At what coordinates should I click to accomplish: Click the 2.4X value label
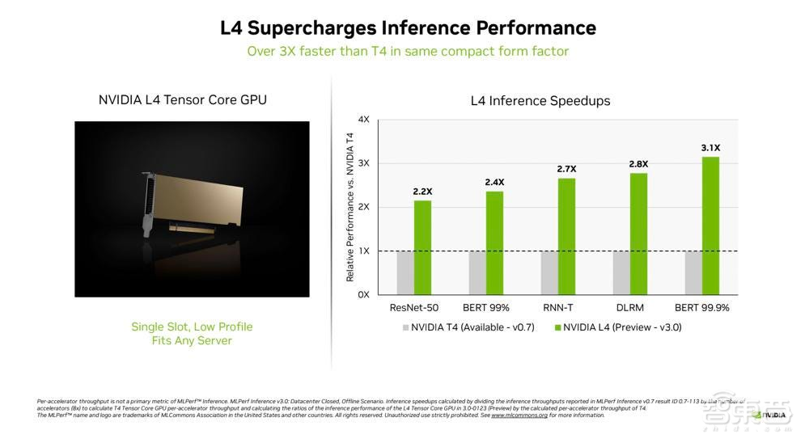(494, 182)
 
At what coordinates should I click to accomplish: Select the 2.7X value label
(565, 169)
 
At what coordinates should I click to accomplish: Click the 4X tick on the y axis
(363, 120)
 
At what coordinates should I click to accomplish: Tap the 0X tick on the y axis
(363, 295)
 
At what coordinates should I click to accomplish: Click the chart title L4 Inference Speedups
(540, 101)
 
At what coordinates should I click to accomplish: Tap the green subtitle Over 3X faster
(408, 51)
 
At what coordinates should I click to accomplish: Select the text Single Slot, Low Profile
(192, 327)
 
